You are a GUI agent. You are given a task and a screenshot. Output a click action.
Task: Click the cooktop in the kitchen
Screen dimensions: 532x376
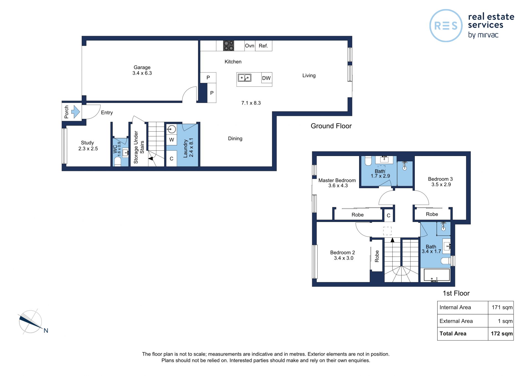pos(229,46)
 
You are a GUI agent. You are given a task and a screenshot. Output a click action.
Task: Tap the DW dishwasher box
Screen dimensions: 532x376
pos(267,78)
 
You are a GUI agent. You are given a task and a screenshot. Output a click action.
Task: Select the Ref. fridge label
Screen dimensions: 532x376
pos(264,46)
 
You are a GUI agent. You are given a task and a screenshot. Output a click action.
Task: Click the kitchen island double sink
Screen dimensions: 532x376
pos(244,78)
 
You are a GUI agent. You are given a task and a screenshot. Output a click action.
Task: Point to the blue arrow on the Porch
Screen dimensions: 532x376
pos(75,112)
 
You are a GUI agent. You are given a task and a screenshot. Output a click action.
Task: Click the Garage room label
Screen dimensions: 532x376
pos(142,67)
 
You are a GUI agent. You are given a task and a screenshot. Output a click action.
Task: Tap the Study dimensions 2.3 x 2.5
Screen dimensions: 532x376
pos(88,149)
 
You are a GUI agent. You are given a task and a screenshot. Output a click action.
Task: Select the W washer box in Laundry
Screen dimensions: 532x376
pos(172,140)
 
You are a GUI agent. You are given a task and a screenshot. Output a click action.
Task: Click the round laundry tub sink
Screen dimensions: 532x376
pos(172,129)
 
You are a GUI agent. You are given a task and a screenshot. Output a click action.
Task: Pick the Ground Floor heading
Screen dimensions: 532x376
pos(331,126)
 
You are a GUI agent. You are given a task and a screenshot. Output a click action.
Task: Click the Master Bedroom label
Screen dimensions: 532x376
pos(337,180)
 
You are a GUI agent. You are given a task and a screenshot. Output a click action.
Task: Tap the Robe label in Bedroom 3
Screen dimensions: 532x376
pos(432,214)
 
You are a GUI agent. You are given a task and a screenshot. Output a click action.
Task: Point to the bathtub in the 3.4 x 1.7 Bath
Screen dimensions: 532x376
pos(437,275)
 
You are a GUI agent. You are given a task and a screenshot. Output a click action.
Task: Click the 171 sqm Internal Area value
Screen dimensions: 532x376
pos(502,307)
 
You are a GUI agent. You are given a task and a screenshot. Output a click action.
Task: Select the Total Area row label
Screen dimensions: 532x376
pos(453,334)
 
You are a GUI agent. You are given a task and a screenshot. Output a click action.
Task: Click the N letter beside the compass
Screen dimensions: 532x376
pos(46,330)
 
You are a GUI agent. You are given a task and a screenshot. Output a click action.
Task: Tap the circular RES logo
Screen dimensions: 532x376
pos(446,25)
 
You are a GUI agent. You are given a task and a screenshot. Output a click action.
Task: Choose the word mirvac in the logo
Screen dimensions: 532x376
pos(488,35)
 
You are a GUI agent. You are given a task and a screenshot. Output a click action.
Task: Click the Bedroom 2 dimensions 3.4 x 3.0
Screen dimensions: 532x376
pos(344,258)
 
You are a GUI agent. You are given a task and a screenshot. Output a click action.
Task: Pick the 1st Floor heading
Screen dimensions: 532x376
pos(456,293)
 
